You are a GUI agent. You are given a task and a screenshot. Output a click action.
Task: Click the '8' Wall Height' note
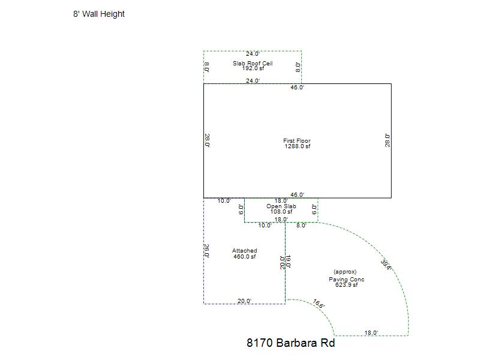pyautogui.click(x=99, y=14)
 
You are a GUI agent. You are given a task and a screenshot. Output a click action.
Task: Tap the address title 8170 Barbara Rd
pyautogui.click(x=290, y=343)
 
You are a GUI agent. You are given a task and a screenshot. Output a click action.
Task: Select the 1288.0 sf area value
pyautogui.click(x=297, y=146)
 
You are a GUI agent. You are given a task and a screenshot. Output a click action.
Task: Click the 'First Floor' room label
pyautogui.click(x=296, y=141)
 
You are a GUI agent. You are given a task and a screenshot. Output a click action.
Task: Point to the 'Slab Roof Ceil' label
pyautogui.click(x=253, y=63)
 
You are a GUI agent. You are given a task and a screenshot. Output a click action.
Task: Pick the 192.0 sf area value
pyautogui.click(x=253, y=68)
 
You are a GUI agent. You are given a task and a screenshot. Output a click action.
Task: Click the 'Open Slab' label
pyautogui.click(x=281, y=206)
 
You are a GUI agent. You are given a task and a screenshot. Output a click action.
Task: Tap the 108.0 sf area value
pyautogui.click(x=281, y=212)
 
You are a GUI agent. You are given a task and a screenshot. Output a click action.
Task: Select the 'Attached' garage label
pyautogui.click(x=244, y=251)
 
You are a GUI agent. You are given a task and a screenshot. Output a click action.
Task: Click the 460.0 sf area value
pyautogui.click(x=244, y=257)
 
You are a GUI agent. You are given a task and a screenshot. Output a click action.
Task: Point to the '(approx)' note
pyautogui.click(x=345, y=272)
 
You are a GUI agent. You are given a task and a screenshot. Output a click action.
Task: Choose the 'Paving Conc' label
pyautogui.click(x=347, y=280)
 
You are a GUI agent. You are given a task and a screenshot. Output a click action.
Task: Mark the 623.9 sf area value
pyautogui.click(x=347, y=284)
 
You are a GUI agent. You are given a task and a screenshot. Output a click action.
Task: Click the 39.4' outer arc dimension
pyautogui.click(x=386, y=265)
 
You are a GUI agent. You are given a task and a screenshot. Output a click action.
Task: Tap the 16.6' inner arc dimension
pyautogui.click(x=319, y=304)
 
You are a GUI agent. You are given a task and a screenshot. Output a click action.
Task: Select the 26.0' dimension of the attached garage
pyautogui.click(x=206, y=251)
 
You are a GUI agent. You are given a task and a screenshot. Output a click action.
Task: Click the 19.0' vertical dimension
pyautogui.click(x=288, y=262)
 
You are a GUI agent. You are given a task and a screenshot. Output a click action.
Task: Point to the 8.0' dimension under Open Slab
pyautogui.click(x=301, y=226)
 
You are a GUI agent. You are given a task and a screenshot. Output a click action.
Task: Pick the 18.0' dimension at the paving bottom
pyautogui.click(x=371, y=333)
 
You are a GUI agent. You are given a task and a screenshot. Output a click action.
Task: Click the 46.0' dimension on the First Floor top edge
pyautogui.click(x=297, y=87)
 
